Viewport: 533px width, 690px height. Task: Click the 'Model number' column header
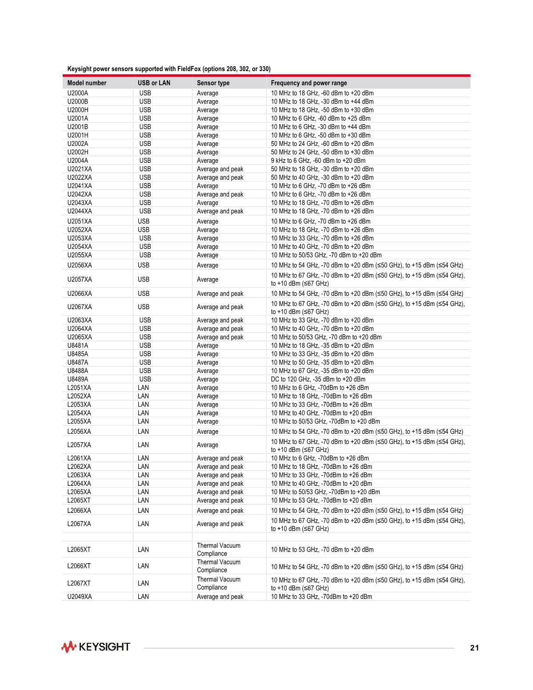tap(87, 83)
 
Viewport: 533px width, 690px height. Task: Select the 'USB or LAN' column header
tap(154, 83)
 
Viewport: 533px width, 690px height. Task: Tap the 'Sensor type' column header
tap(213, 83)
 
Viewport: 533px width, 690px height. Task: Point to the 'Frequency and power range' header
tap(309, 83)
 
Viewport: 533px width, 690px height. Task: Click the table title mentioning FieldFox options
tap(168, 69)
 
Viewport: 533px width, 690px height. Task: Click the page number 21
tap(474, 648)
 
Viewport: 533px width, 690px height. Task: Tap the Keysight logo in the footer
tap(96, 647)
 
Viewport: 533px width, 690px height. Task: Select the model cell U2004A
tap(78, 161)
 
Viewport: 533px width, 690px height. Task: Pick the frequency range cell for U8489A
tap(318, 379)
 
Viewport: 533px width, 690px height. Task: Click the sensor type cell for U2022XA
tap(220, 178)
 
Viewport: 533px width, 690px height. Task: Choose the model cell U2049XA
tap(80, 597)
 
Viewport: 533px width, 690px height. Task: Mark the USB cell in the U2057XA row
tap(144, 279)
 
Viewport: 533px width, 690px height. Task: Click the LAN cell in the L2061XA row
tap(143, 458)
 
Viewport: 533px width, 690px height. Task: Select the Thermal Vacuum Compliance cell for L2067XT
tap(218, 583)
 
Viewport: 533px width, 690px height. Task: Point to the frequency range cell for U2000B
tap(322, 101)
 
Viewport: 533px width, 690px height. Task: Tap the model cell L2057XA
tap(79, 445)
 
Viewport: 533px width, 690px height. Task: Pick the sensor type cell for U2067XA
tap(220, 307)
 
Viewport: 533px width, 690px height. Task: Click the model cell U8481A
tap(78, 346)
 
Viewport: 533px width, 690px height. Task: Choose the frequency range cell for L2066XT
tap(367, 567)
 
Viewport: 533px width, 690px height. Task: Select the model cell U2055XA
tap(80, 255)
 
